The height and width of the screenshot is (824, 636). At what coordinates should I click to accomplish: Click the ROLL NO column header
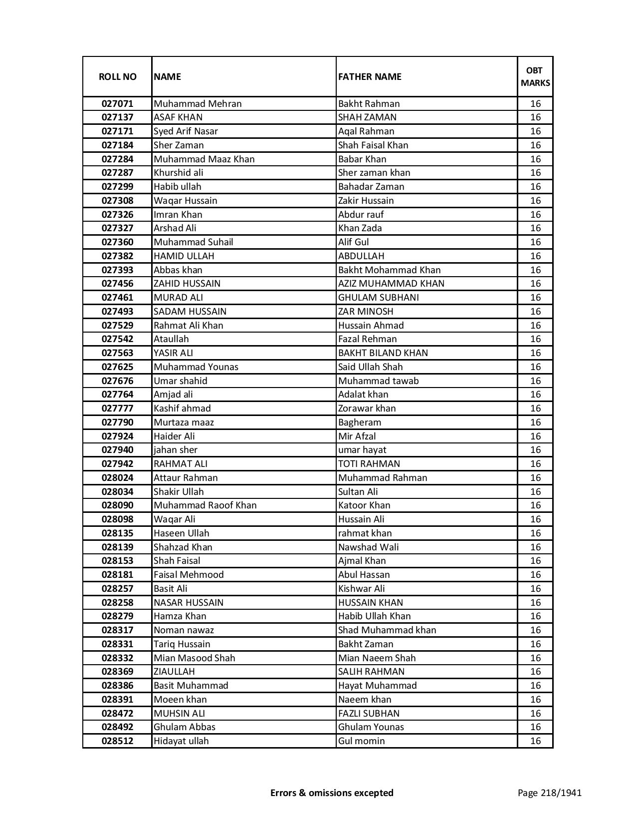(117, 76)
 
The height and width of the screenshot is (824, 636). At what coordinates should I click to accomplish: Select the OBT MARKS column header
(535, 76)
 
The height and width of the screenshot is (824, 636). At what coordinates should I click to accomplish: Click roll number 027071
(117, 104)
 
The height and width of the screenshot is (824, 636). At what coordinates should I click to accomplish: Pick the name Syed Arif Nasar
(186, 131)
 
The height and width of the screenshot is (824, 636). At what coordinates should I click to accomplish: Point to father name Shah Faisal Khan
(373, 145)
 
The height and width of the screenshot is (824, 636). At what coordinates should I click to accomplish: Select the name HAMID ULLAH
(184, 256)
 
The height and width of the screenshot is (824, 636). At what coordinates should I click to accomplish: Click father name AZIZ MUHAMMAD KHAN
(391, 284)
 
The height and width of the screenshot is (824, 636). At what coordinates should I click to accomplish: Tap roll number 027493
(117, 312)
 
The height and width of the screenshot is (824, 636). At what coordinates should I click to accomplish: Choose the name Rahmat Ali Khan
(188, 326)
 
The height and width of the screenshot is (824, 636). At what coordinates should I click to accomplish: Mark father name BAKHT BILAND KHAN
(383, 353)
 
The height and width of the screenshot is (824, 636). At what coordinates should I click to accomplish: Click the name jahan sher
(176, 450)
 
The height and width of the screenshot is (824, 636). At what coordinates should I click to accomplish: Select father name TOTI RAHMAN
(369, 464)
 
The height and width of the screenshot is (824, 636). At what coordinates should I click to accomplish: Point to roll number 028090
(117, 505)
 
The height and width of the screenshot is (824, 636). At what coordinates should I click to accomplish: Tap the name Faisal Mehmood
(189, 575)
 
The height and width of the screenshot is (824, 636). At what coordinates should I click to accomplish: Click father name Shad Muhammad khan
(387, 630)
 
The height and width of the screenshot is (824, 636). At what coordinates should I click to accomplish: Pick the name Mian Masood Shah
(194, 658)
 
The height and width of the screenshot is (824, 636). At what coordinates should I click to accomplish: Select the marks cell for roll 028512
(535, 741)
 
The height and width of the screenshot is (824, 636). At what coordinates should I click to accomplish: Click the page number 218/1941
(549, 793)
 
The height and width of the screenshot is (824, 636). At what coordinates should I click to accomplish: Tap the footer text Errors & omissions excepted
(332, 793)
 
